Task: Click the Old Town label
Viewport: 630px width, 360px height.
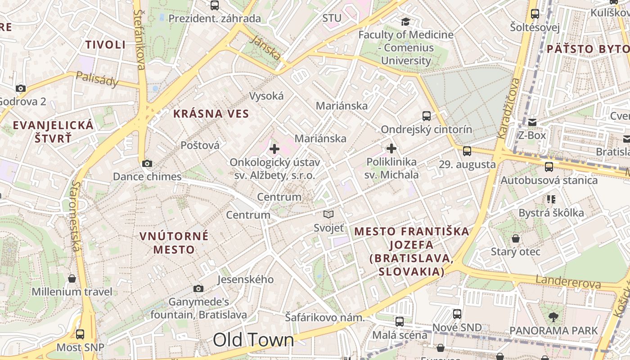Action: point(253,340)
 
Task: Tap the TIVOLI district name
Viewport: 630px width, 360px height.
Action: point(105,45)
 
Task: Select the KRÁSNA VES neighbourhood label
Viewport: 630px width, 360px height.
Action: point(211,114)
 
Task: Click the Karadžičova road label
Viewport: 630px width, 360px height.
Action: point(508,108)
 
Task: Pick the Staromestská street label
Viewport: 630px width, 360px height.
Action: point(75,216)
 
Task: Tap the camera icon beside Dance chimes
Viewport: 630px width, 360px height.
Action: point(147,163)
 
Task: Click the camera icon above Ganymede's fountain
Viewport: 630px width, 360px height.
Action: point(198,288)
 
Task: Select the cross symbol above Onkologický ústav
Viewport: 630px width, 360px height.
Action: point(274,148)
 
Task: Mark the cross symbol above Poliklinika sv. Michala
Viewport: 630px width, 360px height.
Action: point(391,148)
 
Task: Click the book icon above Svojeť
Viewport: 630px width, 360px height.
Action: point(328,215)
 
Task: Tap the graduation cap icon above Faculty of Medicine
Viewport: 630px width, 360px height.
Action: point(405,22)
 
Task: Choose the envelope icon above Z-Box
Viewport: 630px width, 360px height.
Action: point(532,122)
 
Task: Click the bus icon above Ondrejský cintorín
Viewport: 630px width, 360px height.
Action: point(427,116)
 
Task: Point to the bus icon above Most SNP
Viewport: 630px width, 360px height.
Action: point(80,334)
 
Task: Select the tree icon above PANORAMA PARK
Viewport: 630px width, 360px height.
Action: point(553,317)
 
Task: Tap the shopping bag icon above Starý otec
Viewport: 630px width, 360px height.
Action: point(515,238)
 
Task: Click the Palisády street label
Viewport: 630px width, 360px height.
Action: point(97,79)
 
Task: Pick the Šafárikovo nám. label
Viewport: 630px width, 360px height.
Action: point(324,318)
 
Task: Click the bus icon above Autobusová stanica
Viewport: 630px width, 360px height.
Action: point(549,167)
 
